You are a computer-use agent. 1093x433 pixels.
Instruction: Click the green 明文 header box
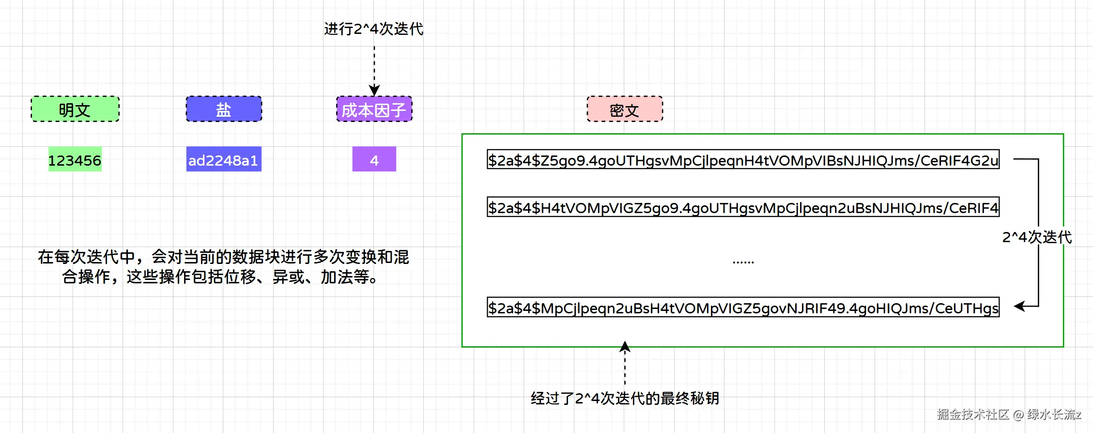(75, 109)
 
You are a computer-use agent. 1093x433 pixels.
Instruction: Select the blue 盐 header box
(224, 109)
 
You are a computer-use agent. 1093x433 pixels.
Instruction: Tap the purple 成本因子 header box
(374, 109)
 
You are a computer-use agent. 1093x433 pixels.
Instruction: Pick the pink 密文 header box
(625, 109)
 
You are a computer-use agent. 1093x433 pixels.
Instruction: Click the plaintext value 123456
(75, 159)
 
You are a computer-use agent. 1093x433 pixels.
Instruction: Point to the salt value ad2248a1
(224, 159)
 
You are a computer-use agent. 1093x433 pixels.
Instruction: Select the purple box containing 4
(374, 159)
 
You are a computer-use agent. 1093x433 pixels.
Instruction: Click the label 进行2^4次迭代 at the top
(374, 29)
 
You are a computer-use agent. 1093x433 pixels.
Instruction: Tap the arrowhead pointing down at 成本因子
(374, 90)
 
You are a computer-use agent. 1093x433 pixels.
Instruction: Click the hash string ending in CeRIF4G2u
(743, 159)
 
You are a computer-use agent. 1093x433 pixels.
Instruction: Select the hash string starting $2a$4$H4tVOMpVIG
(743, 207)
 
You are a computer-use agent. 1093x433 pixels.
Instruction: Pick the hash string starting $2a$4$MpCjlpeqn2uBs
(743, 307)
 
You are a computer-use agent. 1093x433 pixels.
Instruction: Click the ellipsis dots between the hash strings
(743, 262)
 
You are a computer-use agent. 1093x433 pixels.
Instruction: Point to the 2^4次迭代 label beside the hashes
(1037, 237)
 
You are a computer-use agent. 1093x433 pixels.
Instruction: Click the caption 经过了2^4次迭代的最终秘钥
(625, 398)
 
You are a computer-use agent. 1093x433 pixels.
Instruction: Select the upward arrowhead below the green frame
(625, 346)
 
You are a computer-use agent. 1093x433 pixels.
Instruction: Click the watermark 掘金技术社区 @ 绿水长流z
(1009, 415)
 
